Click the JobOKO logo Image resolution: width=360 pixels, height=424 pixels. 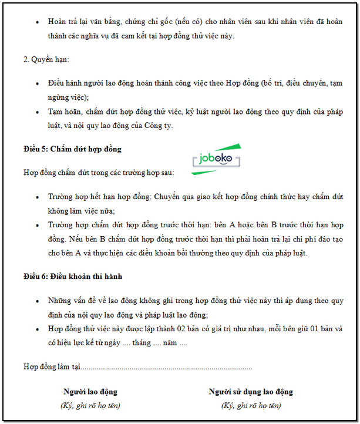(217, 159)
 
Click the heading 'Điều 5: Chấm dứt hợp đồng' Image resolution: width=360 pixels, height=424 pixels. (72, 149)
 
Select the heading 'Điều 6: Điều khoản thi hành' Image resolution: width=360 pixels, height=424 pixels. (73, 276)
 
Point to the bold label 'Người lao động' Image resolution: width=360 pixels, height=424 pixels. (90, 392)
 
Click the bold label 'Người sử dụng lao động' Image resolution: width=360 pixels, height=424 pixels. (251, 392)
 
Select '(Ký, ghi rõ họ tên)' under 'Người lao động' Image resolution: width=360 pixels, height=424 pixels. (90, 405)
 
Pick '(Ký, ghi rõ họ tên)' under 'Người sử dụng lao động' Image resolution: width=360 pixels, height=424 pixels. (251, 405)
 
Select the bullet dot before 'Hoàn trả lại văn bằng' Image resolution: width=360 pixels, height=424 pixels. (37, 22)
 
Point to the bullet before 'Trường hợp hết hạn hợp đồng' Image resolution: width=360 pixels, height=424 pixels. (37, 198)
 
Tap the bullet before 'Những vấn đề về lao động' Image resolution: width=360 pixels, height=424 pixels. (37, 301)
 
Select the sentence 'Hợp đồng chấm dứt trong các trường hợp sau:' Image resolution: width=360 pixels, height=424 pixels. (99, 173)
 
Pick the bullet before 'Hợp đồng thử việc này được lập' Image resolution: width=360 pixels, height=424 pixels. (37, 329)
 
